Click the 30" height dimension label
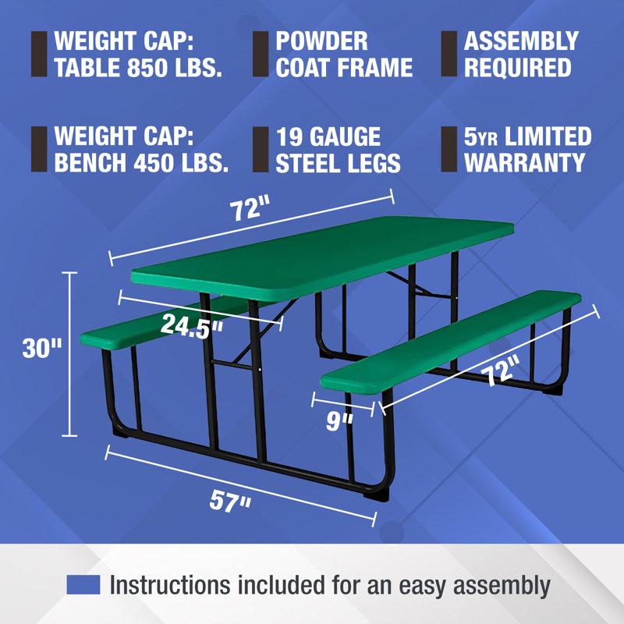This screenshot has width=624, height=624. tap(41, 348)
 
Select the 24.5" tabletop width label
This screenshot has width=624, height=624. tap(192, 327)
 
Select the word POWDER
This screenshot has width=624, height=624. tap(321, 41)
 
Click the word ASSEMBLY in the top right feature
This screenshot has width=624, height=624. tap(521, 41)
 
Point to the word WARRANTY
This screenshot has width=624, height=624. tap(524, 162)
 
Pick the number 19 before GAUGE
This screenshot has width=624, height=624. tap(291, 138)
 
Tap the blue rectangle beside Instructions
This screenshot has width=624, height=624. tap(83, 584)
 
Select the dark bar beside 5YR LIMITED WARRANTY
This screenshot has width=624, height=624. tap(448, 149)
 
